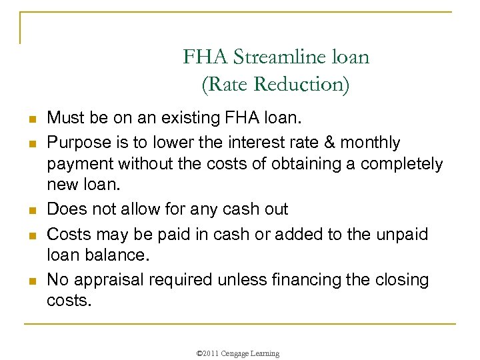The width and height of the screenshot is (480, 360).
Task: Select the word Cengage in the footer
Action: point(241,353)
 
